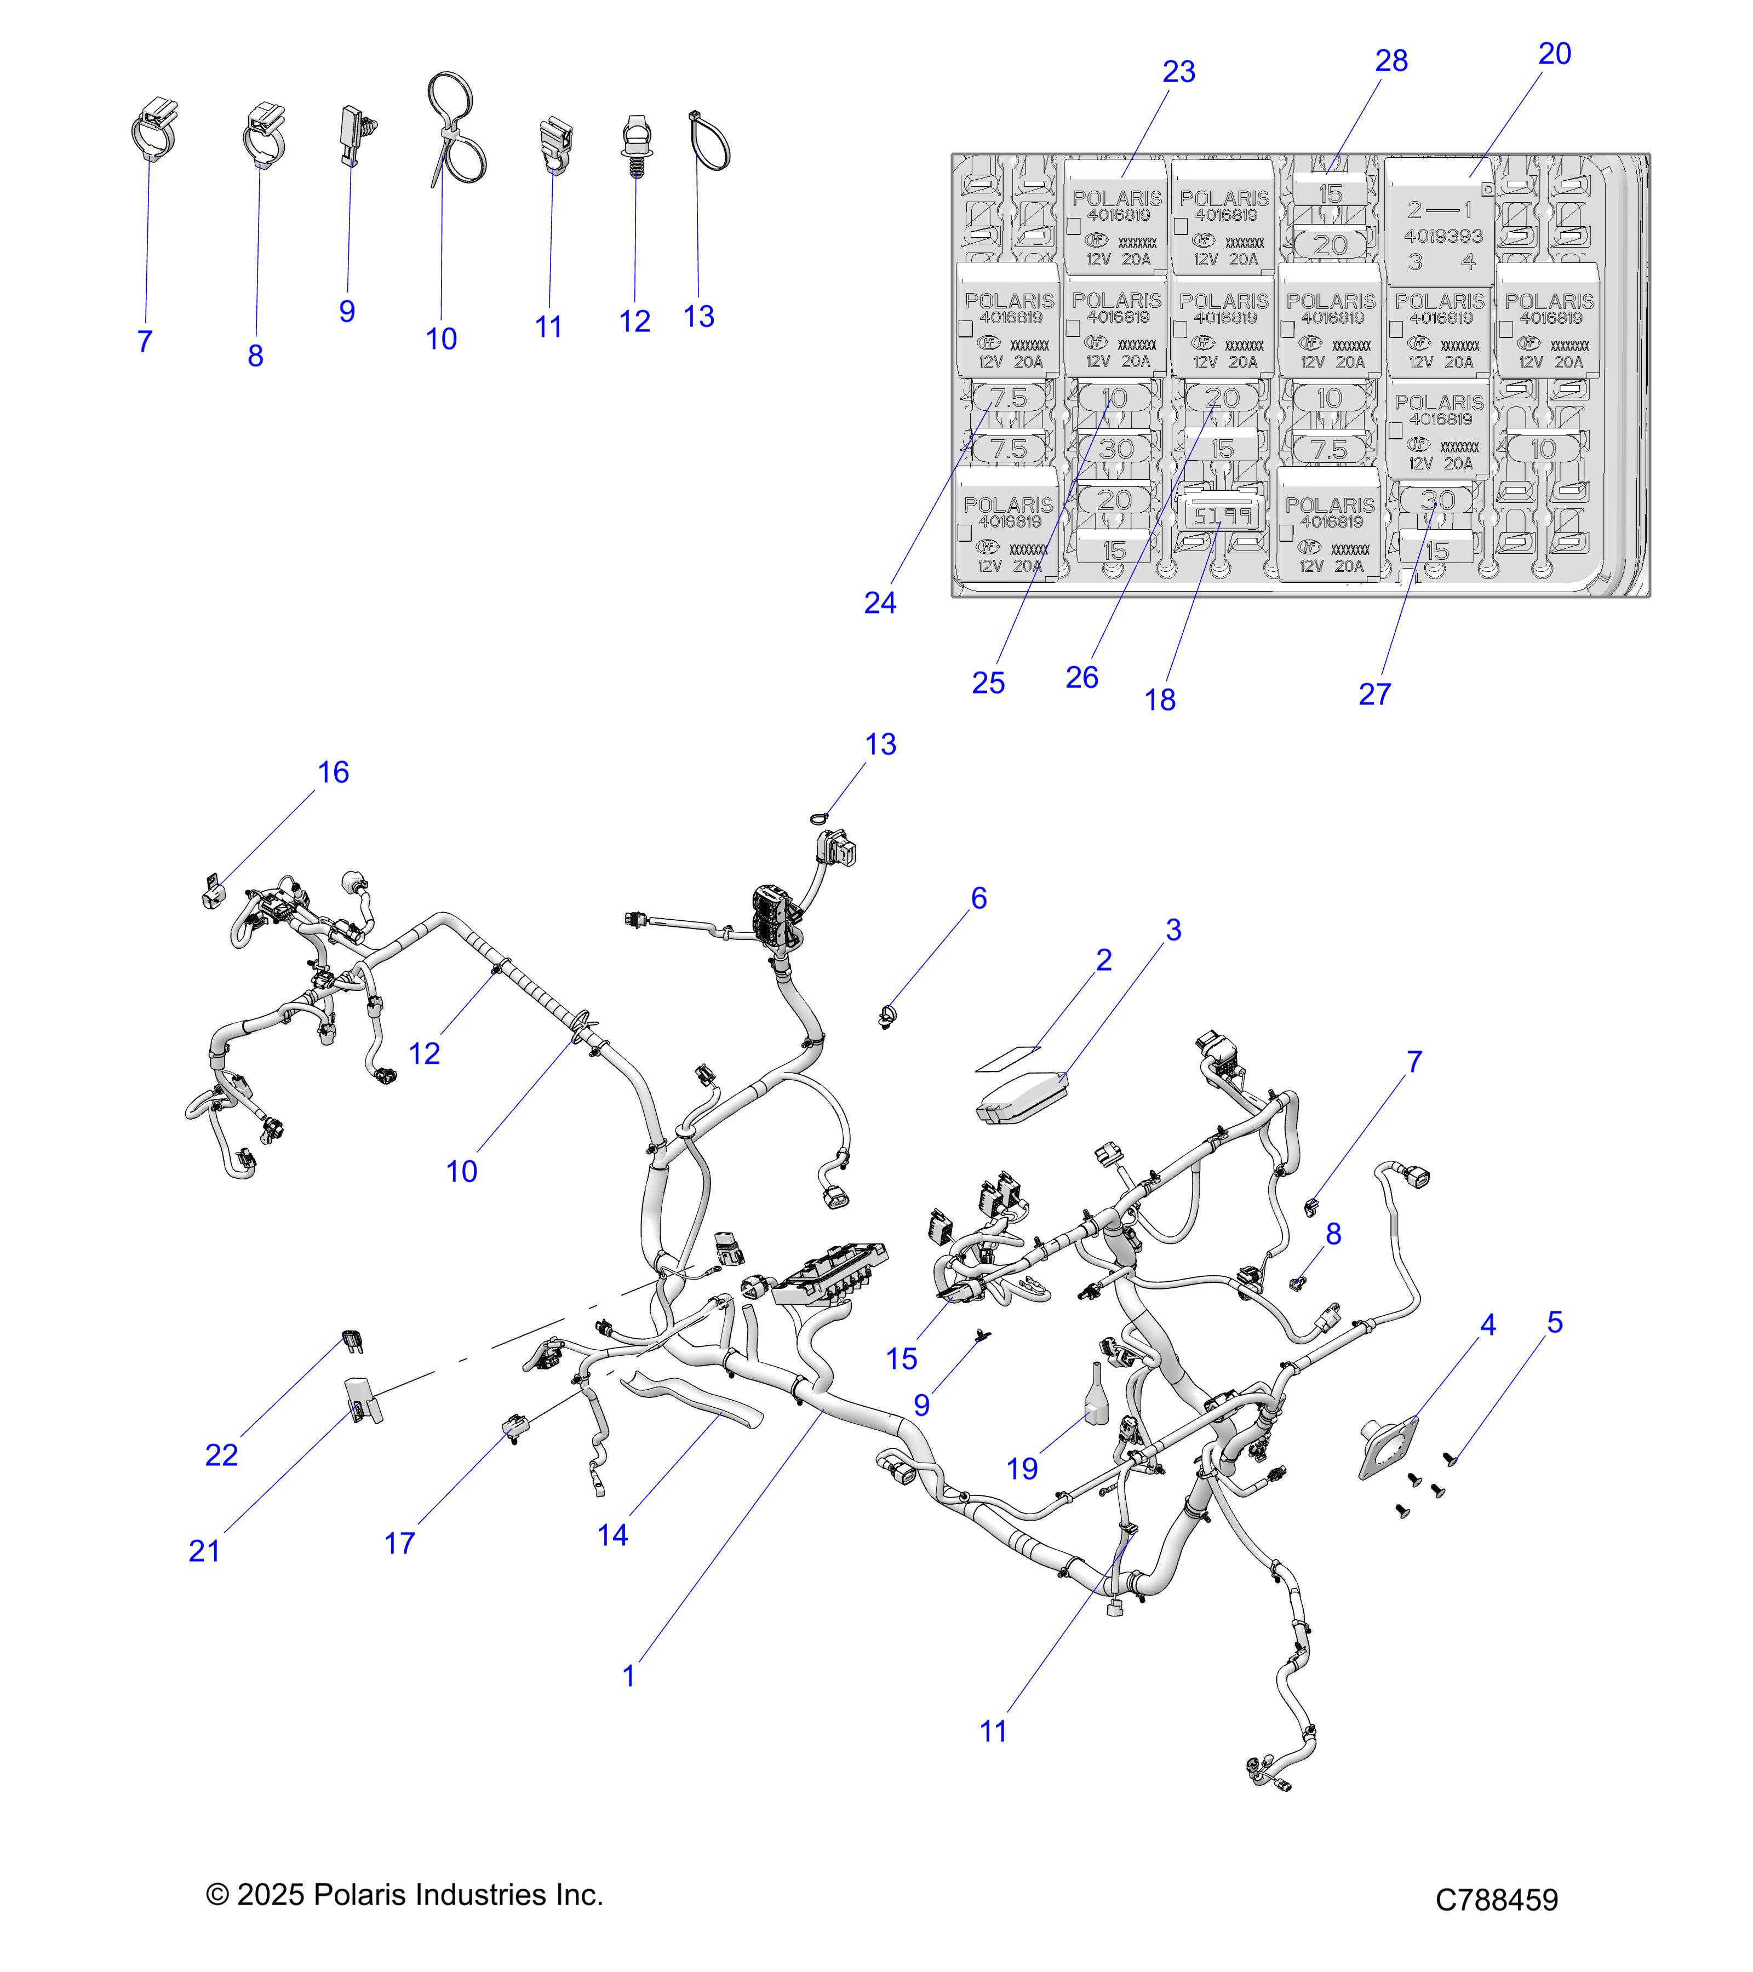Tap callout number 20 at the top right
pos(1553,55)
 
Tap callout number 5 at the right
pos(1554,1323)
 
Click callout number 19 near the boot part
pos(1022,1469)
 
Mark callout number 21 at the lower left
pos(204,1551)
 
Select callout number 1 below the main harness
pos(628,1677)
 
